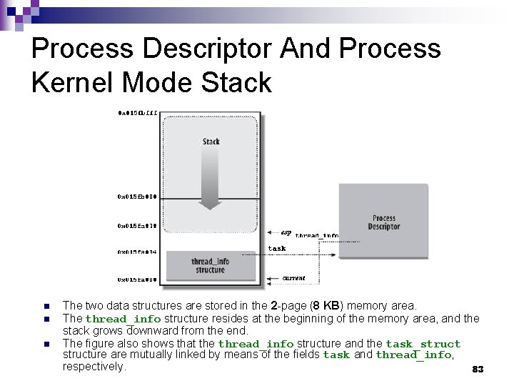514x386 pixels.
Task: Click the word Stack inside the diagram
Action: [x=211, y=142]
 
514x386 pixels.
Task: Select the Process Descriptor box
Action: [x=384, y=222]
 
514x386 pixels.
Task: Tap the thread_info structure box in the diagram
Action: [x=209, y=265]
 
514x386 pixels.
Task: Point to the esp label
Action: [x=286, y=232]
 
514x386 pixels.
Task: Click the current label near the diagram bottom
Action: [x=293, y=277]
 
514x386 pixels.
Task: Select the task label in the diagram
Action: [x=277, y=248]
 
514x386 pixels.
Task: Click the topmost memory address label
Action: [x=138, y=112]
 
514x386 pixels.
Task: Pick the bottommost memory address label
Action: [x=137, y=279]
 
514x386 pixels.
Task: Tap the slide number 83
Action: [x=478, y=370]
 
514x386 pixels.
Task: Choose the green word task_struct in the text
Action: [x=423, y=344]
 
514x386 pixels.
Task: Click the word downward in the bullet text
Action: [x=152, y=331]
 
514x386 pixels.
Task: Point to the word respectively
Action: [x=94, y=367]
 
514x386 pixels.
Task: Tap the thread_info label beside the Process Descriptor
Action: [x=317, y=235]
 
